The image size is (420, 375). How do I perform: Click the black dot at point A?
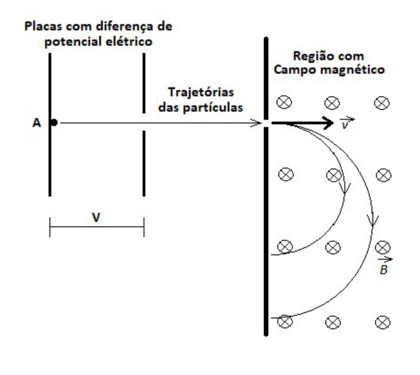click(54, 123)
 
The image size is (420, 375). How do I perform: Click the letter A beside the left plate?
click(37, 123)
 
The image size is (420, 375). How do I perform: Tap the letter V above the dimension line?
click(96, 217)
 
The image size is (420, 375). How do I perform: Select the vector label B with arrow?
click(384, 266)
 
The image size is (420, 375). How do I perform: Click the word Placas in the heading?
click(43, 26)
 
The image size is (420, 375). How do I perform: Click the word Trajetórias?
click(201, 93)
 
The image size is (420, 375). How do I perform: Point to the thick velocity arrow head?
click(328, 123)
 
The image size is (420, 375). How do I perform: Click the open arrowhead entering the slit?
click(256, 123)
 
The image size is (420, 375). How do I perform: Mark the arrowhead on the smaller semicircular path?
click(345, 188)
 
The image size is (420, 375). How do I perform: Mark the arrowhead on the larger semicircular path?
click(372, 220)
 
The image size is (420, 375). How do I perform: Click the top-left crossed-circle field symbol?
click(284, 102)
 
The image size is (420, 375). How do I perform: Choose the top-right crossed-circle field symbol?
click(381, 103)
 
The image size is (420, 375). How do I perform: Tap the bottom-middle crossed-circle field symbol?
click(333, 322)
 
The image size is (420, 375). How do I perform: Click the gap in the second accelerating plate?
click(144, 122)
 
